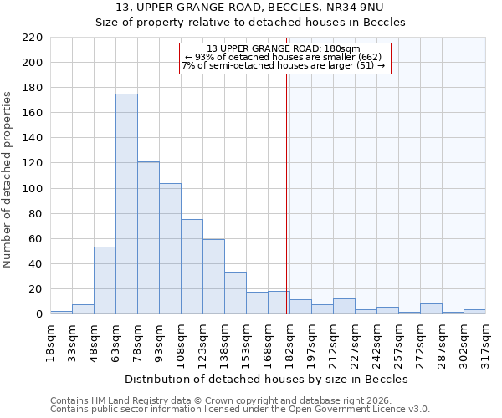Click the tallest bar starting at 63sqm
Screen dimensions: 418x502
tap(126, 204)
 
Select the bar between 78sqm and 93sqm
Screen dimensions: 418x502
tap(148, 238)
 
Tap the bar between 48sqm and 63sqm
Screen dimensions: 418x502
tap(105, 281)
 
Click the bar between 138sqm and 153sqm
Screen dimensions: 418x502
tap(235, 293)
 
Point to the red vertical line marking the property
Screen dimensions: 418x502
tap(287, 192)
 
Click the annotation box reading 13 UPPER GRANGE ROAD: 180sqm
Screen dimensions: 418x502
tap(284, 58)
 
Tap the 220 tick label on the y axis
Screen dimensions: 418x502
tap(33, 38)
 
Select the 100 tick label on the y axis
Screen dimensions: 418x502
tap(33, 189)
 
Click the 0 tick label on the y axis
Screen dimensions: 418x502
tap(38, 314)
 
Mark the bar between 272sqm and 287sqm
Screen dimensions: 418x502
tap(431, 308)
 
